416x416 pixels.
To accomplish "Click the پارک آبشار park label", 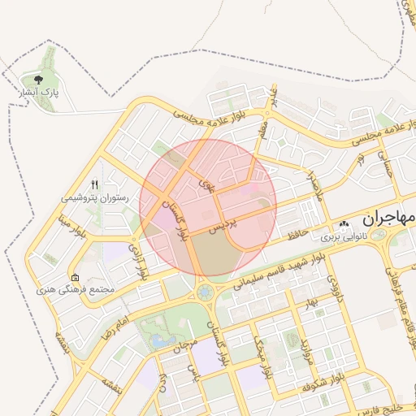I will coord(38,93).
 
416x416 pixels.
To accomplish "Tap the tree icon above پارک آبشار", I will coord(38,79).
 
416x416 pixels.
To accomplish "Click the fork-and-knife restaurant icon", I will coord(94,184).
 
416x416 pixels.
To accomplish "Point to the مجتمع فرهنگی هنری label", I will coord(76,290).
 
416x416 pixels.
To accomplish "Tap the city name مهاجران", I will coord(389,219).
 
